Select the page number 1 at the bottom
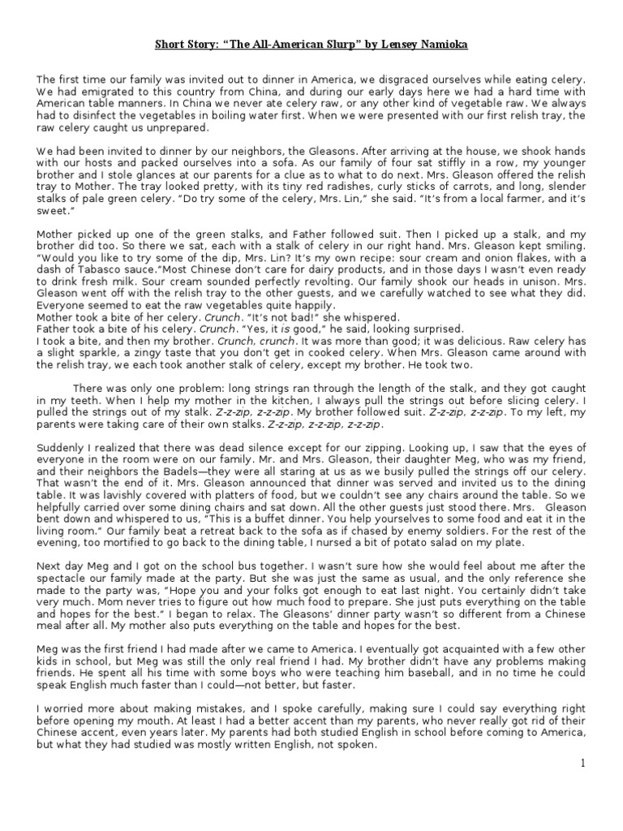[582, 764]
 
